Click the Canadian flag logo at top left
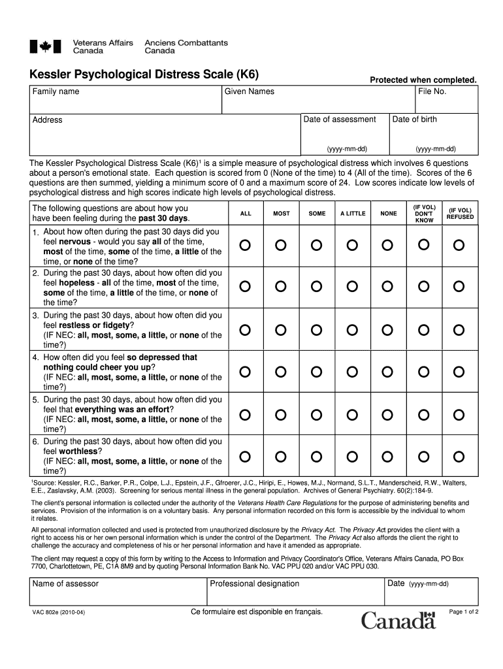click(45, 46)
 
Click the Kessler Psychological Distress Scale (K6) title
click(144, 74)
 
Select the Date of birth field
click(433, 134)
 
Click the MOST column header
click(281, 214)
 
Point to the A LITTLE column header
click(352, 214)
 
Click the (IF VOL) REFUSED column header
click(460, 214)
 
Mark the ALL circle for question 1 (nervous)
click(244, 245)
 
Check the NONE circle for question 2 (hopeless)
click(388, 287)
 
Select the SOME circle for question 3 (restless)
click(316, 330)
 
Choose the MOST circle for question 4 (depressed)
click(280, 372)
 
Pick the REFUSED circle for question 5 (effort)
click(459, 414)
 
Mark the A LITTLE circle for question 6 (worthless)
click(352, 455)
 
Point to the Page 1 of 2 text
click(464, 612)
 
